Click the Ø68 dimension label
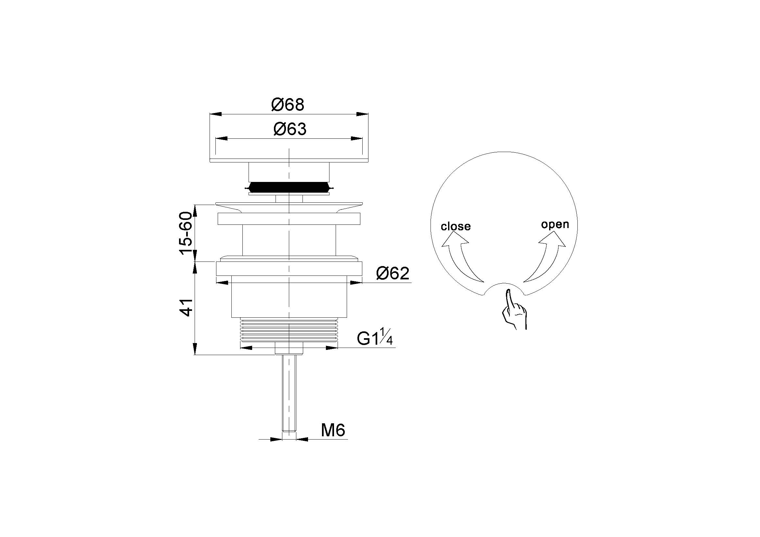pos(287,105)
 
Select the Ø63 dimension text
pos(290,129)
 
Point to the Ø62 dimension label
pos(393,273)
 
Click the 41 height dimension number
pos(186,307)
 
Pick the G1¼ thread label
pos(375,337)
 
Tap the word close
pos(456,226)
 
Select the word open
pos(555,224)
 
